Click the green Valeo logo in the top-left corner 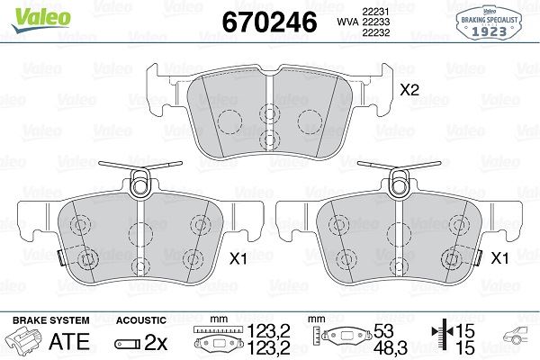click(x=30, y=12)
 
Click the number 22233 click(x=376, y=21)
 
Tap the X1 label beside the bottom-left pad click(x=240, y=258)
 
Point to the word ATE click(x=69, y=342)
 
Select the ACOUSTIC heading click(x=141, y=319)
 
